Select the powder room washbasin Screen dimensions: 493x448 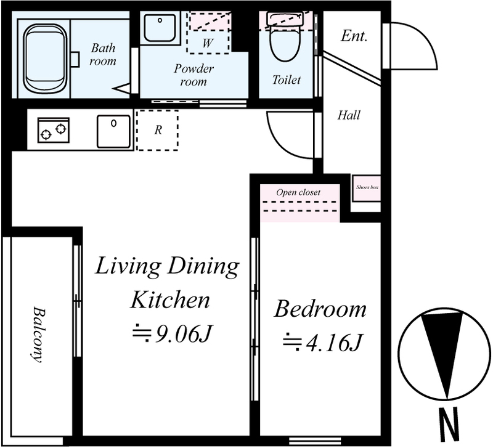160,27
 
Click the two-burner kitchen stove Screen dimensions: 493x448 54,130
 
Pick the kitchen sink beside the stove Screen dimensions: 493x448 113,131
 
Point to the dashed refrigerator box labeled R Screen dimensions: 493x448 158,130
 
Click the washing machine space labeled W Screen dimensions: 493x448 208,33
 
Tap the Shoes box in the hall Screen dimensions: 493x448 367,188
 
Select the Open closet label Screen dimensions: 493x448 298,192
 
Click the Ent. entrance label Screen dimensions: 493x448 354,36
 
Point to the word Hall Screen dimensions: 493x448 349,115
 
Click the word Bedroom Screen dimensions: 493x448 320,309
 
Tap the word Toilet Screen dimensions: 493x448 287,80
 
